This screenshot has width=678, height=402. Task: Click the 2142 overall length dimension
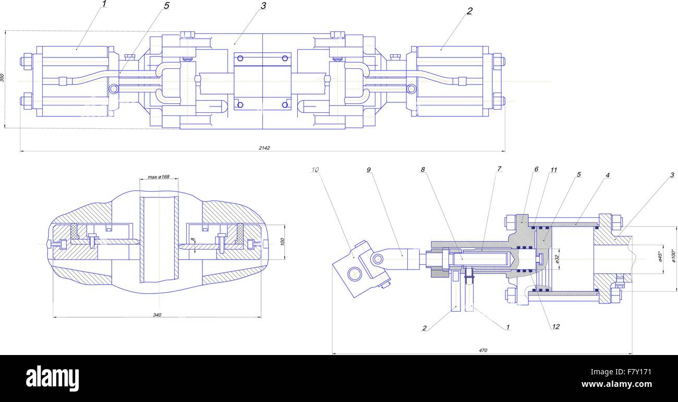pos(264,148)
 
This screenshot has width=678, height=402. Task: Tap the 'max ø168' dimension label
pos(159,177)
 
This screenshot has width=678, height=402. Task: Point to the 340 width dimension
pos(158,314)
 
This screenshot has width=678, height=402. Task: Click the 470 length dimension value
pos(482,350)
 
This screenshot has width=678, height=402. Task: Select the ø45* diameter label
pos(659,256)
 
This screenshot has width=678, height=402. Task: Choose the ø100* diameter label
pos(673,257)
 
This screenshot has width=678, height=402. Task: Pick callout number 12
pos(555,327)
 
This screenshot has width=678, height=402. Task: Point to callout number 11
pos(553,170)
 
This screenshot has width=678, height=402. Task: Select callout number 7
pos(499,169)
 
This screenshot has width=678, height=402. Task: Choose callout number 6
pos(536,170)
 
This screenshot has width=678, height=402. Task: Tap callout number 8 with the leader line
pos(423,169)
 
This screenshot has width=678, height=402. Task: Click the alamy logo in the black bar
pos(52,378)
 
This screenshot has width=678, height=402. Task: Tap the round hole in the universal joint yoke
pos(355,274)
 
